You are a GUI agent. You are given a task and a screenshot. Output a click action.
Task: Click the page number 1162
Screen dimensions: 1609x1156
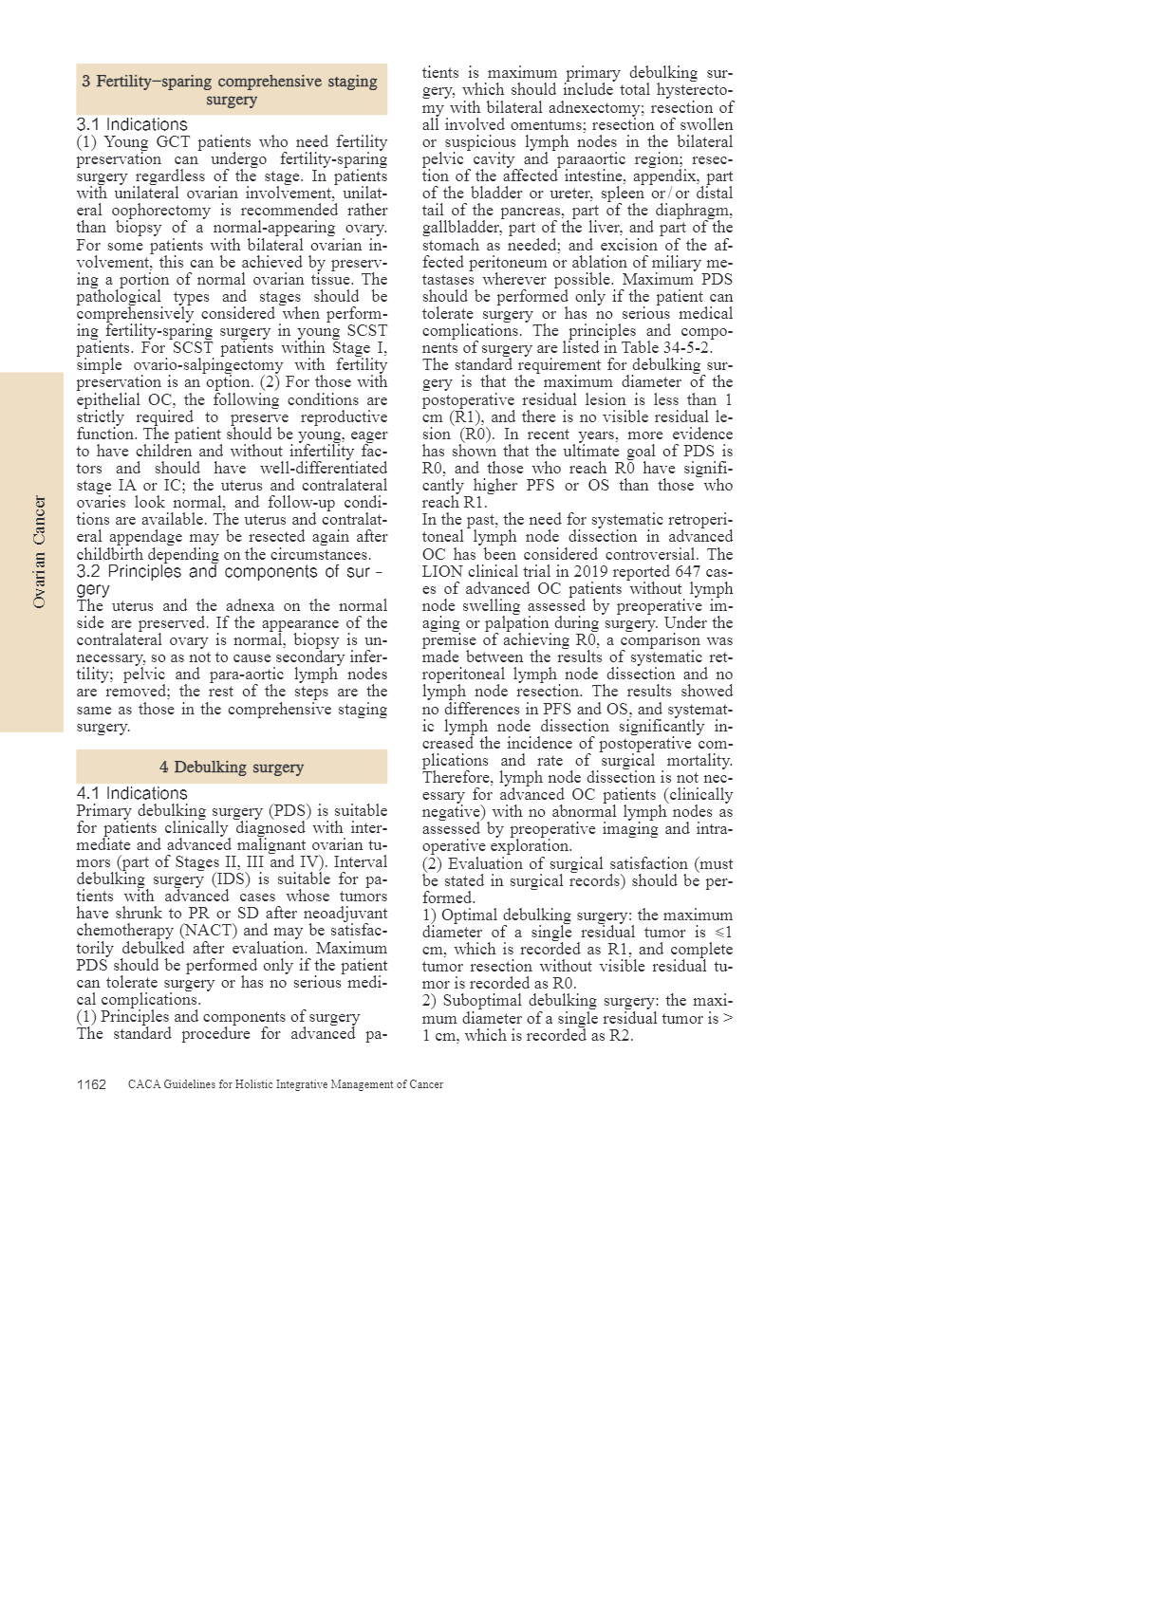(91, 1084)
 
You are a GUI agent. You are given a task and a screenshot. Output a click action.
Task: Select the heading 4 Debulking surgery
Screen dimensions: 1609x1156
(232, 767)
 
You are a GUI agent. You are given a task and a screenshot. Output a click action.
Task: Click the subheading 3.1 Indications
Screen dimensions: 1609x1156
(132, 124)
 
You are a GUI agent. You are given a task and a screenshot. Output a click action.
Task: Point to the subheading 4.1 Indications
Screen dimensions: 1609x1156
(132, 793)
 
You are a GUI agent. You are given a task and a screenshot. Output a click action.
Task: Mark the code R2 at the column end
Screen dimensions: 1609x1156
(620, 1035)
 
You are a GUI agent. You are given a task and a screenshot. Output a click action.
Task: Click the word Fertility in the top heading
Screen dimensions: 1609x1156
(123, 82)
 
